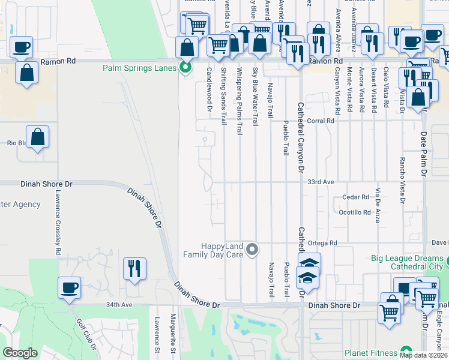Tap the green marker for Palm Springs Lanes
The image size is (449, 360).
coord(185,67)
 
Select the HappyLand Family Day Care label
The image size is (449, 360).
coord(221,250)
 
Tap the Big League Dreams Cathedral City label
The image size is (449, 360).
coord(406,262)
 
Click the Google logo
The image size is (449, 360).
coord(20,352)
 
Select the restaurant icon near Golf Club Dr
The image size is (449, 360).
coord(134,268)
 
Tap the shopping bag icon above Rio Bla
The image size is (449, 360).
coord(37,136)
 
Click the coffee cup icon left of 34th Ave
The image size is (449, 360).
coord(69,287)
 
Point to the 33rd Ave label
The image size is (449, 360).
coord(320,181)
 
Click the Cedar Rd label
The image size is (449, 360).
coord(355,197)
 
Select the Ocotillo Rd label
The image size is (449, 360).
coord(355,212)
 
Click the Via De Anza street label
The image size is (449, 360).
coord(378,205)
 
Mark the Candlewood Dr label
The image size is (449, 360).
coord(209,89)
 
